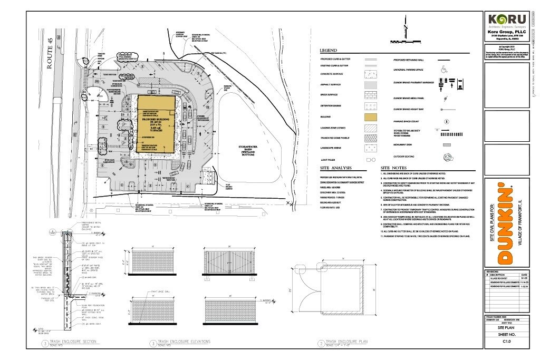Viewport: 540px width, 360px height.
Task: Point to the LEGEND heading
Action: pyautogui.click(x=328, y=51)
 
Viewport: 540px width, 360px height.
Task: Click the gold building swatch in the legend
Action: pyautogui.click(x=371, y=116)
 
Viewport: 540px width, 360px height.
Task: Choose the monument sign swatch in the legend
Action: pyautogui.click(x=446, y=144)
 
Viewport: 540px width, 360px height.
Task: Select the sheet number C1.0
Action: pyautogui.click(x=507, y=342)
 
